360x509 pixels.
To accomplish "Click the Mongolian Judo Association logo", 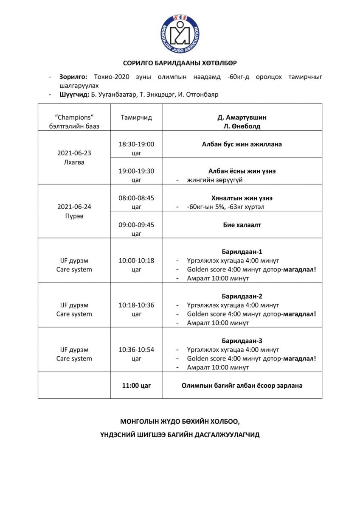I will [180, 34].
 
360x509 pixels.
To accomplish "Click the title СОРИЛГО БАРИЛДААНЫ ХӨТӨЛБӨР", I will [180, 63].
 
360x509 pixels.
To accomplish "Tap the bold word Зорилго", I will [73, 77].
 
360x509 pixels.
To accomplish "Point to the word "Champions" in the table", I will [74, 117].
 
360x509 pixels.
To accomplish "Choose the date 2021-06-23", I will [74, 153].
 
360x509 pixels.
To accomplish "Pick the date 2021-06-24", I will [74, 207].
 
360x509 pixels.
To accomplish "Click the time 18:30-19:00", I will [136, 144].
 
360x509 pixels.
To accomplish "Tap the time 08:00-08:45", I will [136, 198].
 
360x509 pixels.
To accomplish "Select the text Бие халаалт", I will [242, 225].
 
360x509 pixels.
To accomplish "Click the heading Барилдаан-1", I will [242, 252].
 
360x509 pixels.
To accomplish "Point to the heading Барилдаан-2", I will [242, 296].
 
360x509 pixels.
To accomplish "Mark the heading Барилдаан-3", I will [242, 341].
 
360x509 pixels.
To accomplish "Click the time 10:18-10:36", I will [136, 305].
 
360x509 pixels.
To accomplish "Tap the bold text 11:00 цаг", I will [136, 386].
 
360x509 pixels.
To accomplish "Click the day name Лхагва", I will [74, 162].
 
